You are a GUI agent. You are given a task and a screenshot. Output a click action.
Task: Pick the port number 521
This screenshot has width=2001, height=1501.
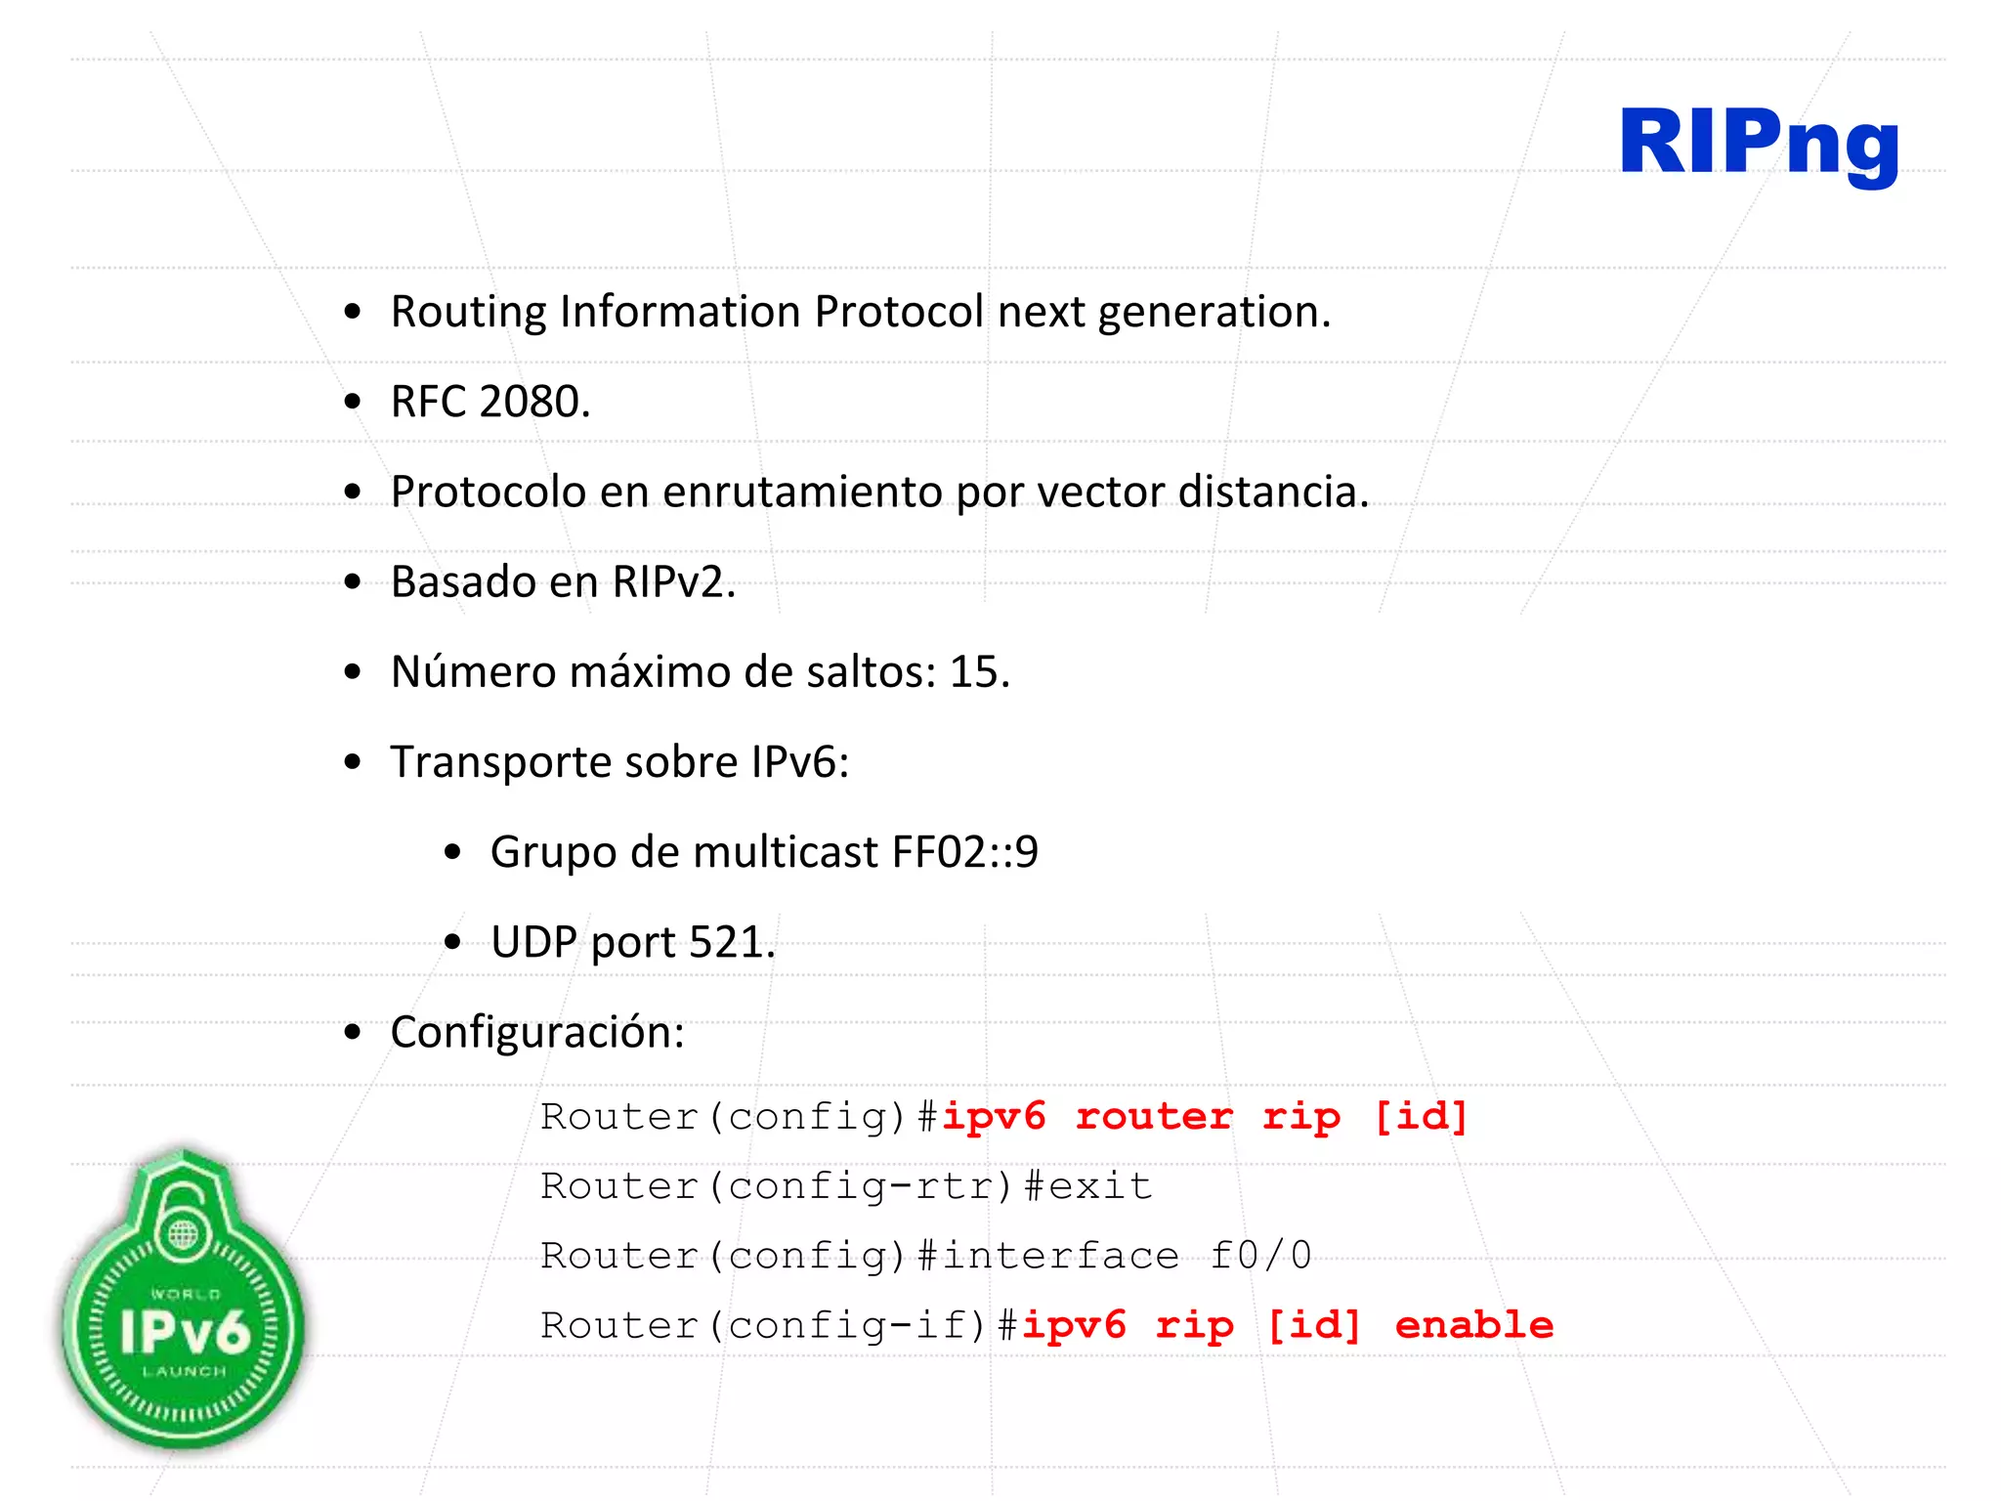tap(726, 942)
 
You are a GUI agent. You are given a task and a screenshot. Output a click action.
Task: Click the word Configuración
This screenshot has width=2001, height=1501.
tap(536, 1032)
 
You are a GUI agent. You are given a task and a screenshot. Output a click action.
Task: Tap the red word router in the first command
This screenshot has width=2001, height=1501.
tap(1154, 1116)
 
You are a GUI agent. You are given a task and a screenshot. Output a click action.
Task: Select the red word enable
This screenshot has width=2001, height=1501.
tap(1473, 1325)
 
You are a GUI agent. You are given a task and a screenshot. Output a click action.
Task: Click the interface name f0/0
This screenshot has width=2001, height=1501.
tap(1260, 1256)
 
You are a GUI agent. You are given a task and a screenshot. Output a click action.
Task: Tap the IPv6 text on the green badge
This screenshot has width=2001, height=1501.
tap(185, 1330)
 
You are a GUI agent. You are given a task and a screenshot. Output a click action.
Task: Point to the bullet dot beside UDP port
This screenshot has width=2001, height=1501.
tap(452, 942)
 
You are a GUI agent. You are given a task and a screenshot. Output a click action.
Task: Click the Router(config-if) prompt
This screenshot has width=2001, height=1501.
tap(764, 1325)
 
